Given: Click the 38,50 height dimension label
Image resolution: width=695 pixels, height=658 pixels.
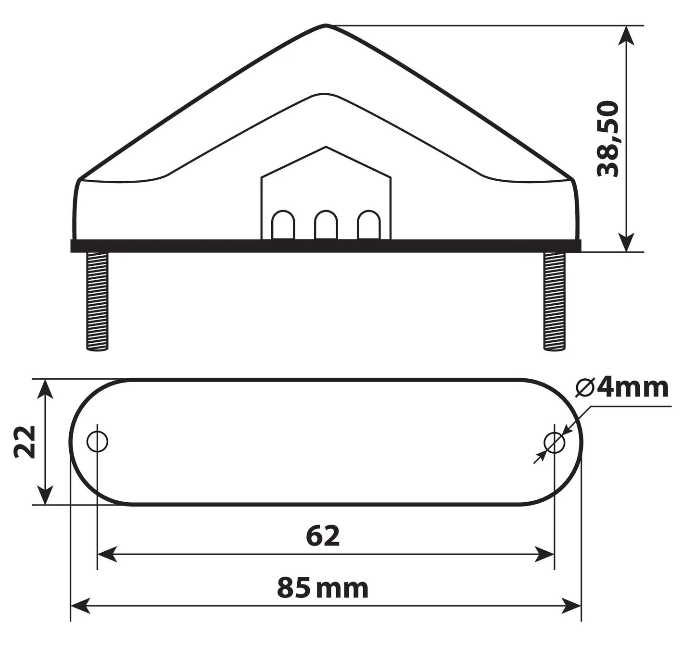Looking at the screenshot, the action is (x=607, y=139).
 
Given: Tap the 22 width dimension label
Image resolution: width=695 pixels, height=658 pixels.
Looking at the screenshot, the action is (x=25, y=442).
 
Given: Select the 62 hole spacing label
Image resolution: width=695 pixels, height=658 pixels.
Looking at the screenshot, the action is (x=323, y=536).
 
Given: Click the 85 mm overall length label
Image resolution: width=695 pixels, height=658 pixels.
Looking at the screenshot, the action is (x=322, y=588).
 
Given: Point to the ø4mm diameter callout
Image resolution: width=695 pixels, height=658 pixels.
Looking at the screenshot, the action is (x=622, y=388).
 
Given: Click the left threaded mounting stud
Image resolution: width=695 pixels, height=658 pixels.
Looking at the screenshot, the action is (x=97, y=301).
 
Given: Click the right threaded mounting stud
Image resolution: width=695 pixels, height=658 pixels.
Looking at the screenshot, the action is (x=554, y=301).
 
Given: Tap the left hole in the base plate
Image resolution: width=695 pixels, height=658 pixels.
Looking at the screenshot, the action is (x=97, y=441).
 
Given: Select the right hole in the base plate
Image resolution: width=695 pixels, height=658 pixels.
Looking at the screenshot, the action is (x=554, y=442).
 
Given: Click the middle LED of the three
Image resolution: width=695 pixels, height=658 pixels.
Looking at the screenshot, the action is (x=326, y=225).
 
